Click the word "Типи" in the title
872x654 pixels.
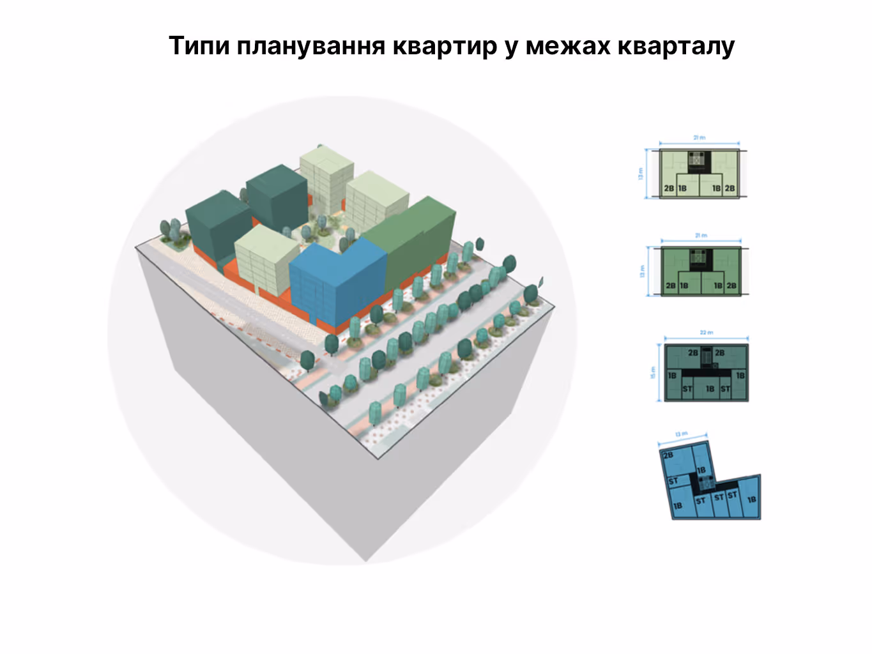pyautogui.click(x=198, y=47)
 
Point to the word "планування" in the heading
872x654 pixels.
pyautogui.click(x=310, y=47)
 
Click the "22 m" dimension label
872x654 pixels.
pyautogui.click(x=706, y=333)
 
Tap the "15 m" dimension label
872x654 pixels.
pyautogui.click(x=653, y=372)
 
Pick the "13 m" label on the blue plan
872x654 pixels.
pyautogui.click(x=682, y=435)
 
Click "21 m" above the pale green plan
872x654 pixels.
pyautogui.click(x=700, y=137)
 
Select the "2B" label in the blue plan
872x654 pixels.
pyautogui.click(x=668, y=455)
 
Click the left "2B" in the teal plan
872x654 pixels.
pyautogui.click(x=693, y=353)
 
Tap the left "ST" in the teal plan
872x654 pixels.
pyautogui.click(x=687, y=388)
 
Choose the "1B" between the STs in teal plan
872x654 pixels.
pyautogui.click(x=710, y=388)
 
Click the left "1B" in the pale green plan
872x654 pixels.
pyautogui.click(x=682, y=188)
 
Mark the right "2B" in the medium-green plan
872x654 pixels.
pyautogui.click(x=731, y=285)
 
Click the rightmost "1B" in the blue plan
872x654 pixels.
pyautogui.click(x=752, y=499)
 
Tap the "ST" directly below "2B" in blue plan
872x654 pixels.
pyautogui.click(x=673, y=481)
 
